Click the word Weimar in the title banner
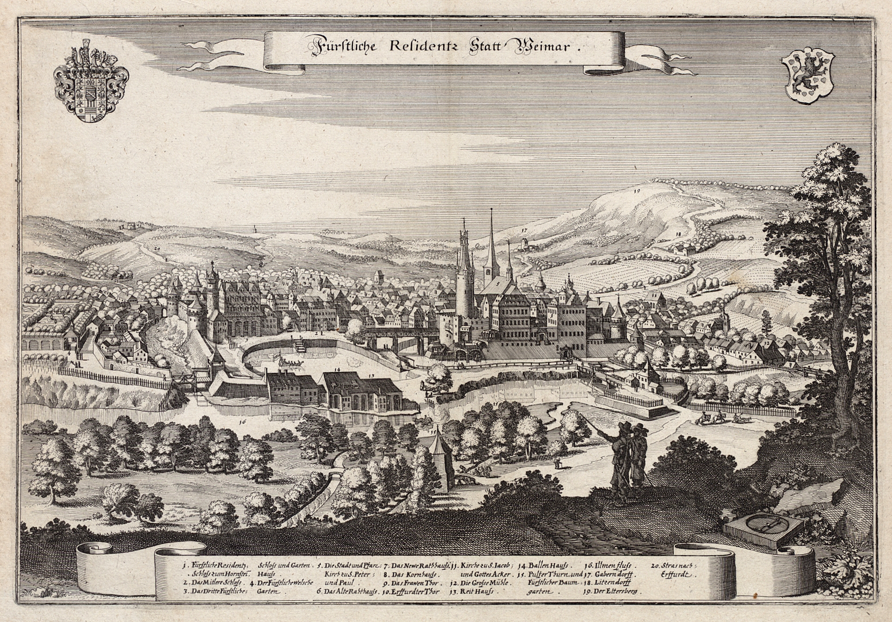pos(546,48)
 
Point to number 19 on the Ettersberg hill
pos(637,188)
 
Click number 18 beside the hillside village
pos(678,234)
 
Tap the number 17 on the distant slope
pos(524,230)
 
